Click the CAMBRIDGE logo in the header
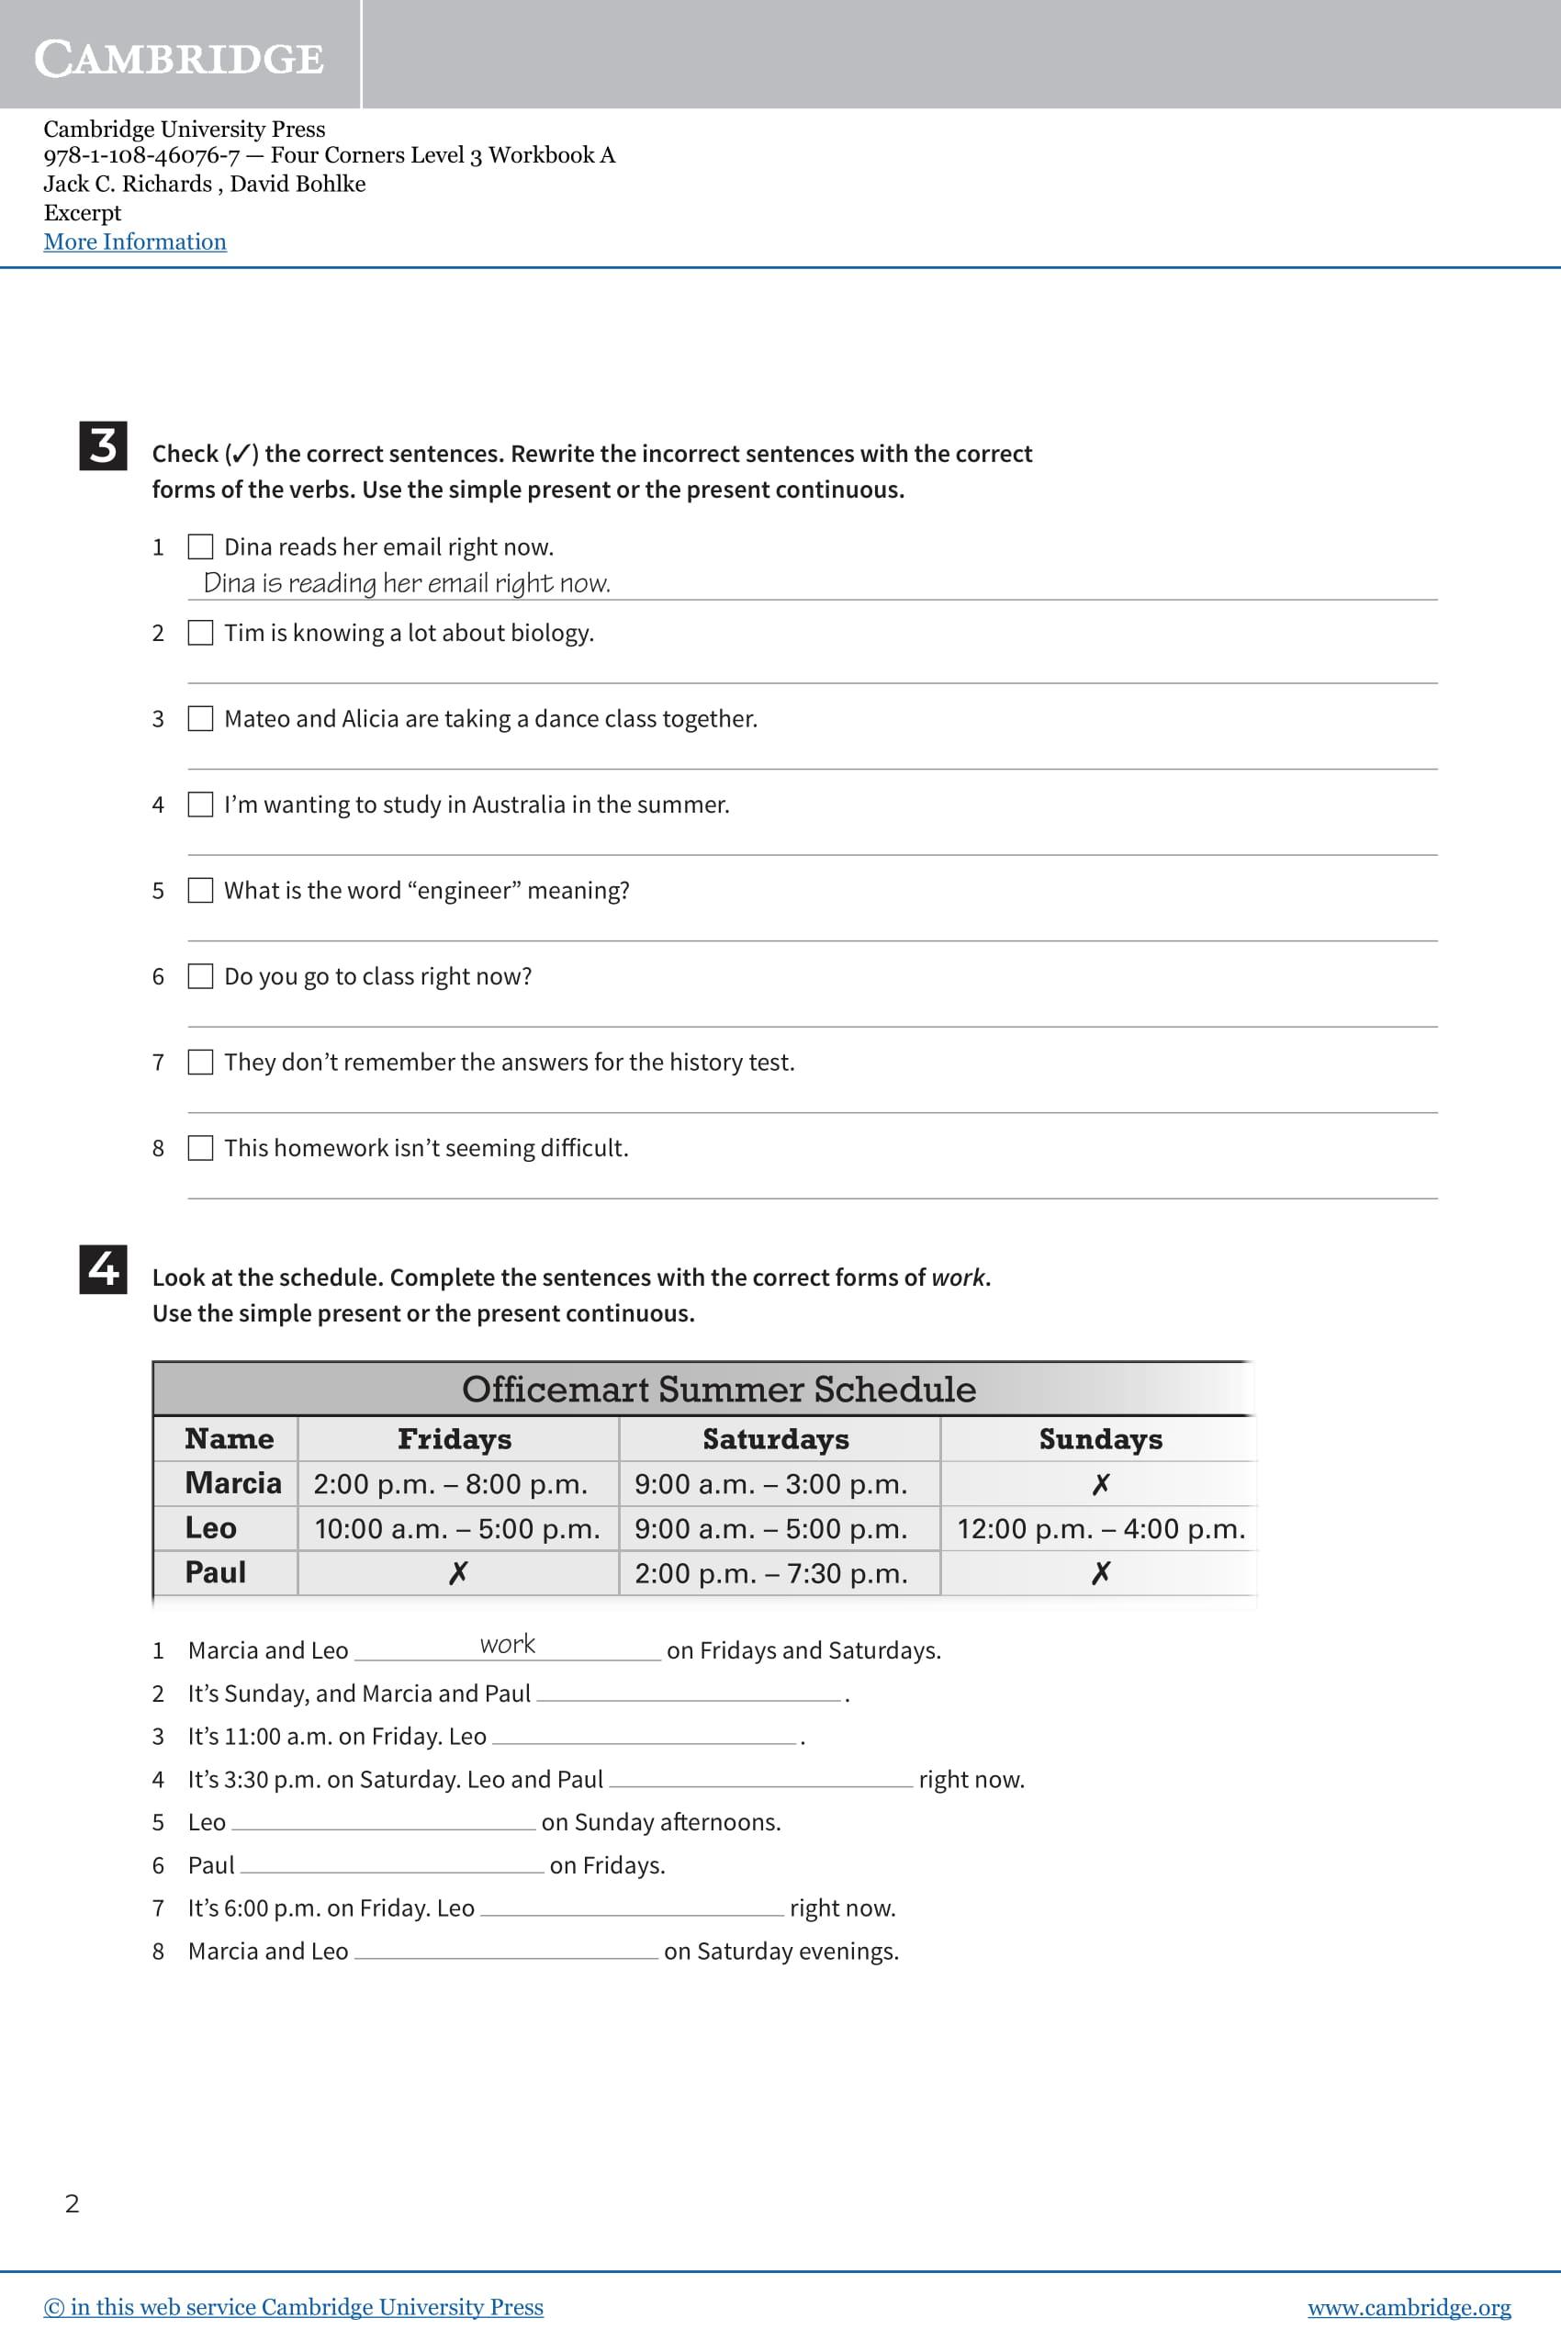[179, 58]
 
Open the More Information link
[134, 242]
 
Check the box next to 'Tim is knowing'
[200, 634]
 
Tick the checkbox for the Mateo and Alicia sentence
[200, 719]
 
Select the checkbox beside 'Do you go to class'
[200, 976]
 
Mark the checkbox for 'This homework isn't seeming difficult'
[200, 1148]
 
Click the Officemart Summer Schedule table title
[718, 1390]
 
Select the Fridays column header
[454, 1439]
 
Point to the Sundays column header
[1100, 1439]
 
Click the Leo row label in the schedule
[211, 1527]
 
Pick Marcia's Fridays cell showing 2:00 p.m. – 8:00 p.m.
[450, 1484]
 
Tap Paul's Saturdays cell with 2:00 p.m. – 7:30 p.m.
[770, 1573]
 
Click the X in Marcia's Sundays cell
[1100, 1484]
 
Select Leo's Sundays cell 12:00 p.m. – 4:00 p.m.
[1100, 1528]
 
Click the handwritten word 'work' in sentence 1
[507, 1644]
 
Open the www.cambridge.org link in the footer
[1408, 2307]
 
